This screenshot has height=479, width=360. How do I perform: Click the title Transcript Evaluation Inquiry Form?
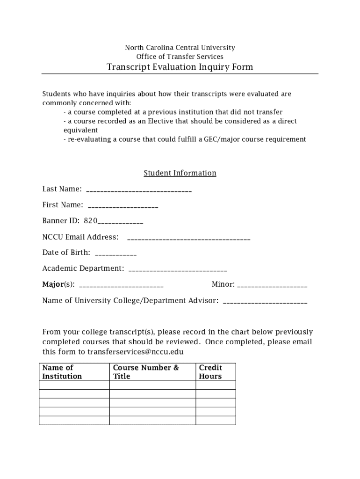pyautogui.click(x=180, y=67)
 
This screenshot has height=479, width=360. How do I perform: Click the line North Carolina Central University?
pyautogui.click(x=180, y=48)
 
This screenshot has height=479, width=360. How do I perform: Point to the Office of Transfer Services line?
pyautogui.click(x=180, y=57)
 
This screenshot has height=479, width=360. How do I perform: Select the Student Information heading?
pyautogui.click(x=180, y=173)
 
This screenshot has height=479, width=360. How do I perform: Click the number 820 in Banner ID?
pyautogui.click(x=91, y=221)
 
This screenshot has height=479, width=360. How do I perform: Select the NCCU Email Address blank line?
pyautogui.click(x=188, y=239)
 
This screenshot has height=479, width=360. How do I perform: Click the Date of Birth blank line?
pyautogui.click(x=115, y=254)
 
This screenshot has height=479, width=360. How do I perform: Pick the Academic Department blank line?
pyautogui.click(x=177, y=270)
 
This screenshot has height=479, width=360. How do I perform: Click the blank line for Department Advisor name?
pyautogui.click(x=265, y=302)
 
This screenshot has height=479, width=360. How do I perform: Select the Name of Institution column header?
pyautogui.click(x=62, y=372)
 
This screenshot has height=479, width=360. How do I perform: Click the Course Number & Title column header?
pyautogui.click(x=146, y=372)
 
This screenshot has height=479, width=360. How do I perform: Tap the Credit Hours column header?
pyautogui.click(x=210, y=372)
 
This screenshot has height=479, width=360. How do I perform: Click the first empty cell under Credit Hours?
pyautogui.click(x=215, y=385)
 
